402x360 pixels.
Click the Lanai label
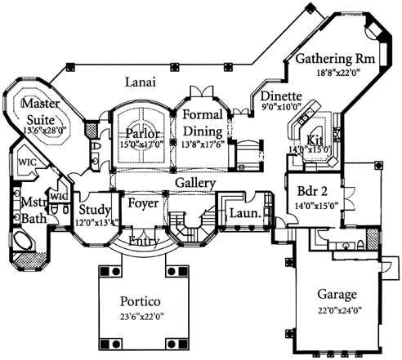pyautogui.click(x=140, y=82)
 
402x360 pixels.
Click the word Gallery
pyautogui.click(x=194, y=183)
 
